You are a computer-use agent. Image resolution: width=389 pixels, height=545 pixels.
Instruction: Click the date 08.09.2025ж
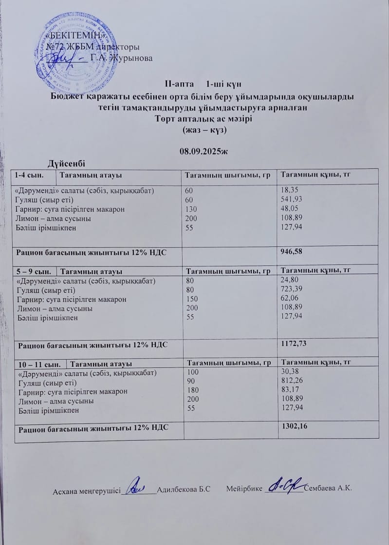204,152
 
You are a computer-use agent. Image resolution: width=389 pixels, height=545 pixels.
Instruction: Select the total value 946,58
291,251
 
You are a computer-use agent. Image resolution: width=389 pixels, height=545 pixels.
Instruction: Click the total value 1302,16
294,426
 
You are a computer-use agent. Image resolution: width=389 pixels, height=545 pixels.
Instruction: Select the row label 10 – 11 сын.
38,364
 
